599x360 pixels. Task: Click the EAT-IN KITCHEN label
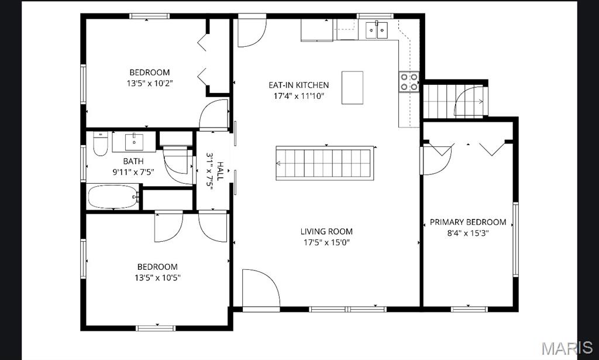click(x=299, y=85)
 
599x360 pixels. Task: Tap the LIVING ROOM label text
click(x=326, y=231)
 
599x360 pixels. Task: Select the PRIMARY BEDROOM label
click(x=468, y=222)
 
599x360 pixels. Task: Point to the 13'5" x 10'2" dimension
click(x=150, y=83)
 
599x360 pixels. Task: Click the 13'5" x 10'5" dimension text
click(x=157, y=277)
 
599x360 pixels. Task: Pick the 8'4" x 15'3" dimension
click(x=469, y=233)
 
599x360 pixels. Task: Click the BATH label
click(x=133, y=162)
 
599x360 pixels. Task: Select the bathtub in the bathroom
click(x=113, y=197)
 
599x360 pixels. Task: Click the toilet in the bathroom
click(x=101, y=143)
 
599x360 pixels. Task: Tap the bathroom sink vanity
click(x=134, y=142)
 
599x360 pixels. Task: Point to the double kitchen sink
click(x=377, y=30)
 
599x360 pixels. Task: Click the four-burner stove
click(x=409, y=82)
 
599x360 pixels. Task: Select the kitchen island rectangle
click(x=352, y=88)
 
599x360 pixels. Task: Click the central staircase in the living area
click(x=324, y=163)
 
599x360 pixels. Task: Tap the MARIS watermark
click(x=567, y=348)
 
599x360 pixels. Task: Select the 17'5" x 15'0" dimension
click(x=326, y=242)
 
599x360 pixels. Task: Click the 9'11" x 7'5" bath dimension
click(x=133, y=172)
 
